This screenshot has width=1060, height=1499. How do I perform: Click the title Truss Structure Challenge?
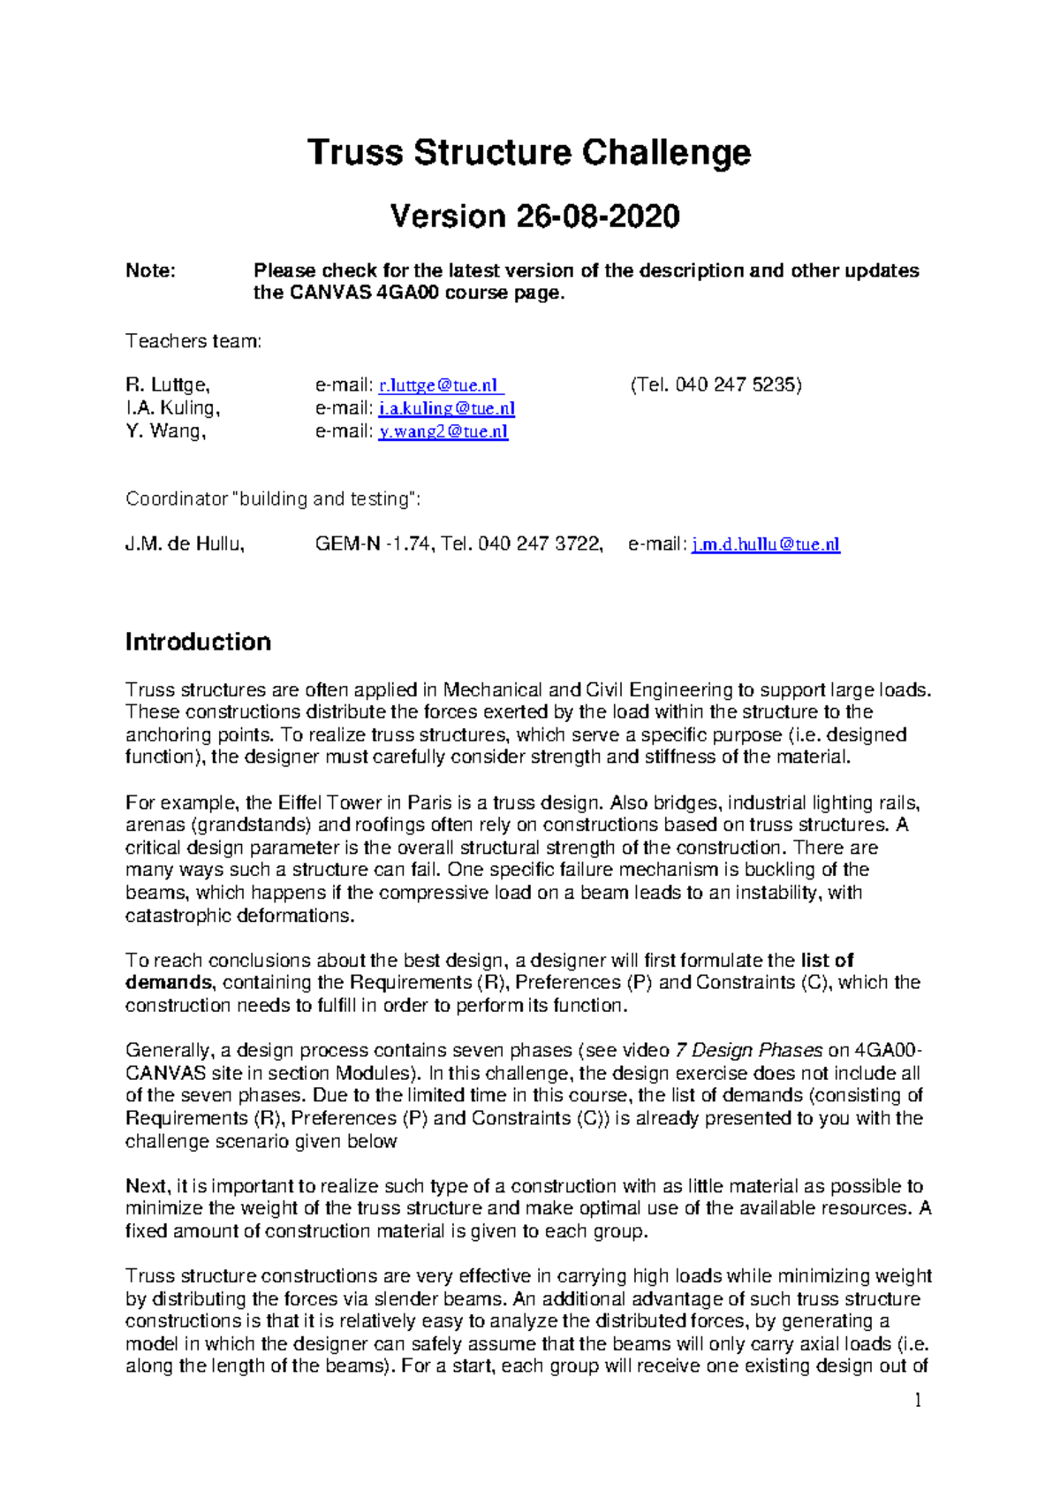529,153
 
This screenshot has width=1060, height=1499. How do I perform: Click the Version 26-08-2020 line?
534,217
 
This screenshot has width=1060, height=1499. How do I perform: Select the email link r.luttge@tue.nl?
441,385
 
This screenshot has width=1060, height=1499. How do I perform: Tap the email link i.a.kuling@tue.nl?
446,408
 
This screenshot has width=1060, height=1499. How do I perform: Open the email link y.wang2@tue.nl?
443,431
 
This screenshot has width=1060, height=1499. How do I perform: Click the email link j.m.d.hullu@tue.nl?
765,544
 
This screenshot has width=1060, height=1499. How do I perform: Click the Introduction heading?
198,642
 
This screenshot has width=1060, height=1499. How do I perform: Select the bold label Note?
150,270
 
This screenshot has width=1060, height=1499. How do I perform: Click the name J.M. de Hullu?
184,544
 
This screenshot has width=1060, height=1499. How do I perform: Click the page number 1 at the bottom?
918,1400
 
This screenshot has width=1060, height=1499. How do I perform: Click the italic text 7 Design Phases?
748,1051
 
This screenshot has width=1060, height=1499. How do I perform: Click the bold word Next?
147,1186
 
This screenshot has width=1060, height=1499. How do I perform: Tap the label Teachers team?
193,341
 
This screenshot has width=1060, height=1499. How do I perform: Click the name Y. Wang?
164,431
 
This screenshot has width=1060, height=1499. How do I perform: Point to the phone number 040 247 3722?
540,544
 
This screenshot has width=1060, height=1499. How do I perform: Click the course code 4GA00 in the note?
407,293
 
